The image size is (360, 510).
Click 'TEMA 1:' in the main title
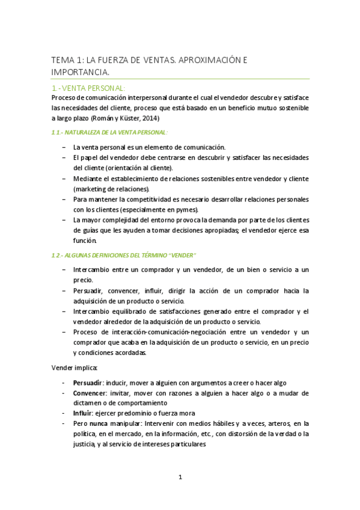[67, 60]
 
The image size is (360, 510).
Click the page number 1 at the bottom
[180, 478]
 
